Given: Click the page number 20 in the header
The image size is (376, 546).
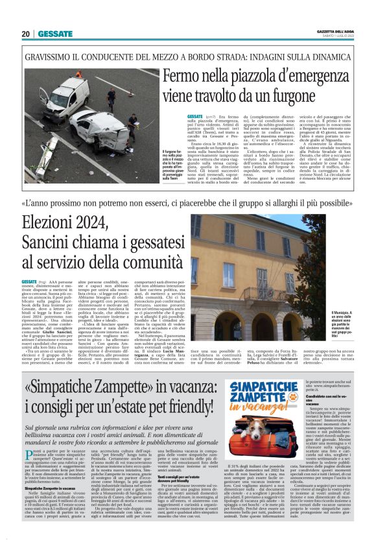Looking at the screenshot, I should point(26,34).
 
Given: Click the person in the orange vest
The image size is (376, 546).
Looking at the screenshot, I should point(78,75).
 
